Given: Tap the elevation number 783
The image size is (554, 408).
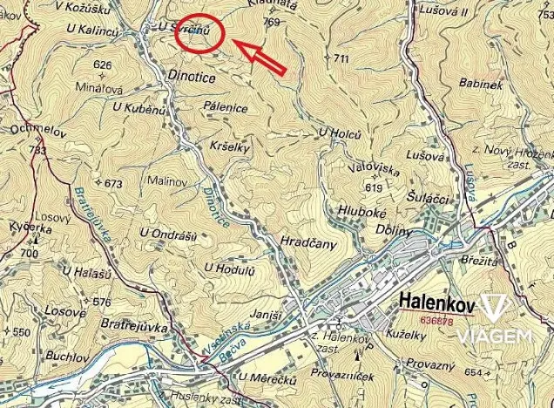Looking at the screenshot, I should pos(37,150).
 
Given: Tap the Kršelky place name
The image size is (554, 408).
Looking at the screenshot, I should pos(231,147).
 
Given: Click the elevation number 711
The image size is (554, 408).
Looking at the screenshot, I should pos(339,58).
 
